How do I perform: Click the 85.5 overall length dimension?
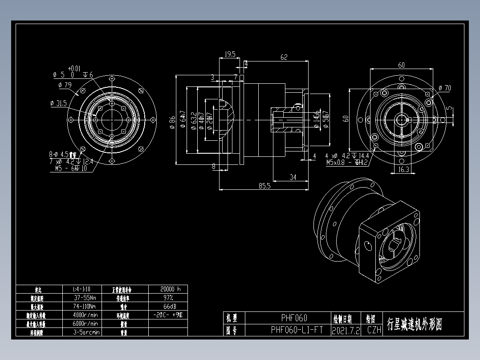[264, 186]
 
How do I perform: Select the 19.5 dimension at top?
[230, 54]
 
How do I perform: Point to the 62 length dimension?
[284, 57]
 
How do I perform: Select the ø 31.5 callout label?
[59, 103]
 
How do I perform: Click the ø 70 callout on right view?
[444, 88]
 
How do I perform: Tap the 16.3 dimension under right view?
[403, 170]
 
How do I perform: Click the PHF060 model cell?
[294, 318]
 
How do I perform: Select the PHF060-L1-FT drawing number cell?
[297, 330]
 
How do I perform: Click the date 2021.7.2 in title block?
[346, 331]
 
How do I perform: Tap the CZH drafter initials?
[374, 331]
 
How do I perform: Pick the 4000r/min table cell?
[86, 315]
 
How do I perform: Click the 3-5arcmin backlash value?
[86, 332]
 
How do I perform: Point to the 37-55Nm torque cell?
[86, 297]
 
